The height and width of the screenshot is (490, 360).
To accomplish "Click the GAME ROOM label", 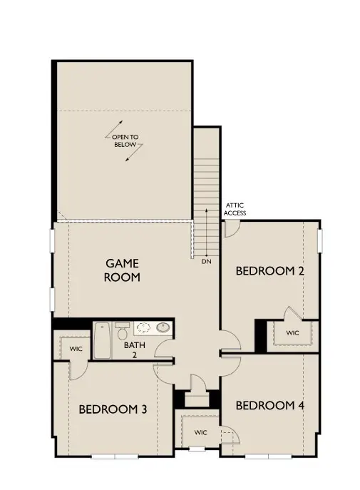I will [122, 270].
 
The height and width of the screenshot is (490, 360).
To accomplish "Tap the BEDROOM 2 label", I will [264, 271].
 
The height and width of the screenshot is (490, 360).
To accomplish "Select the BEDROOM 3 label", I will [113, 409].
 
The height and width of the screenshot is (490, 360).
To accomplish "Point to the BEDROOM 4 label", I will [270, 406].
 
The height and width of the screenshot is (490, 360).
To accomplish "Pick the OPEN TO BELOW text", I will [125, 141].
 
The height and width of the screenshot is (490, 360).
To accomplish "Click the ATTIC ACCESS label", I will [235, 208].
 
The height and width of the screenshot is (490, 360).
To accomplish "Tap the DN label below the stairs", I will [206, 262].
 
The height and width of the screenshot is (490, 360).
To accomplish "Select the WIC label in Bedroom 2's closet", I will [293, 333].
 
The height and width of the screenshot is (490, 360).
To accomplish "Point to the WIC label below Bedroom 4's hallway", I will [200, 432].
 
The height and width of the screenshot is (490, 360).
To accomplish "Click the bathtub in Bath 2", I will [104, 342].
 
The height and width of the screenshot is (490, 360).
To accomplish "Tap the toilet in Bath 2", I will [123, 333].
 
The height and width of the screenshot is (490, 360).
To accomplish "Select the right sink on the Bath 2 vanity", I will [163, 328].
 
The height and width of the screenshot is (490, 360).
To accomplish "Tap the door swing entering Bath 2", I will [163, 349].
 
